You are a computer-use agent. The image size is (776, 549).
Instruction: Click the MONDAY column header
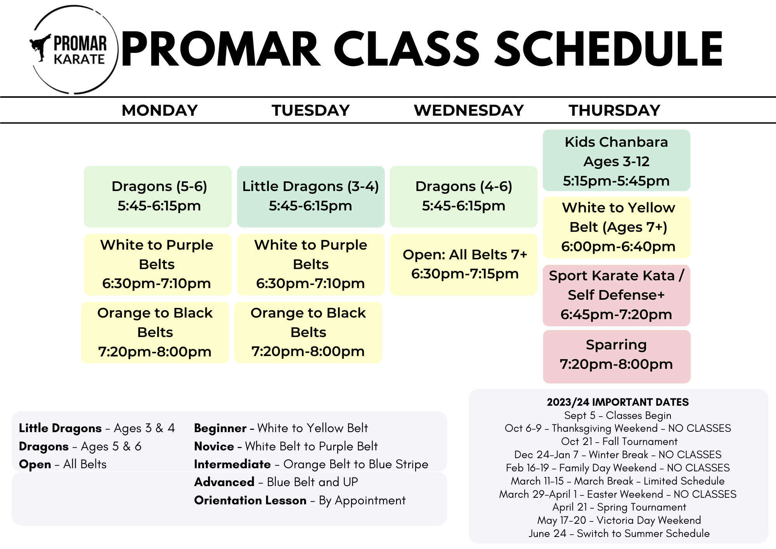point(159,110)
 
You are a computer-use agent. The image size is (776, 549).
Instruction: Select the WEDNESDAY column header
point(469,110)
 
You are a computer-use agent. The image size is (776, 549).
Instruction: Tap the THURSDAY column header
point(614,110)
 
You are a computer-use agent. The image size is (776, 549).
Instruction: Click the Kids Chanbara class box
point(616,161)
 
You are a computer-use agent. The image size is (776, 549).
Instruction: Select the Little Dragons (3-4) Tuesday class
point(310,196)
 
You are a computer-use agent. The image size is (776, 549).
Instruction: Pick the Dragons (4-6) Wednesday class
point(463,196)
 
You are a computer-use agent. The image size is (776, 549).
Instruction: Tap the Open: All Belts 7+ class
point(464,264)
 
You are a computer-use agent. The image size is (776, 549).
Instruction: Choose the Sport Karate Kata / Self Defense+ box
point(616,295)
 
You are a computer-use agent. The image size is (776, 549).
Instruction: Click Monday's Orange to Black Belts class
point(155,332)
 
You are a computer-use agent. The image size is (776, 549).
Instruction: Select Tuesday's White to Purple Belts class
point(310,264)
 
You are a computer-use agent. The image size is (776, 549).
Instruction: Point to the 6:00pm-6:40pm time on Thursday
point(618,247)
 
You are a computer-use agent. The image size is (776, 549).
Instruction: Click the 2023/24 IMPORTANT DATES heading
point(618,402)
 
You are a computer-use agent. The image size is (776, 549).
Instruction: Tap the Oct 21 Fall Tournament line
point(619,441)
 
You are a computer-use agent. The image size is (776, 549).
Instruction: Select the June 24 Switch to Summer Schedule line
point(619,533)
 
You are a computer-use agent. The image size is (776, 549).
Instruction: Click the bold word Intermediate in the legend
point(232,464)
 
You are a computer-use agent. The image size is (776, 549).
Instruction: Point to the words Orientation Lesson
point(250,500)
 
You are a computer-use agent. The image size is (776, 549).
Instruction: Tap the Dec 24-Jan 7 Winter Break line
point(618,455)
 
